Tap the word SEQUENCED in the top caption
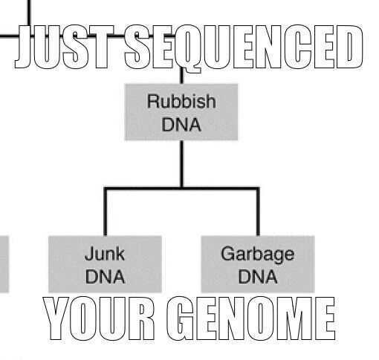tap(244, 48)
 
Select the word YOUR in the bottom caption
tap(99, 318)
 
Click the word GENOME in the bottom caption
tap(251, 318)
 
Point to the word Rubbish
tap(181, 101)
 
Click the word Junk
tap(105, 254)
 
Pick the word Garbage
tap(258, 255)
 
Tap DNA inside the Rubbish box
tap(181, 125)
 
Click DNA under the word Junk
tap(105, 277)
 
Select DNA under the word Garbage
tap(258, 277)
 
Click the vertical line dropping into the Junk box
tap(106, 212)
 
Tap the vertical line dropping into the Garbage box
tap(258, 212)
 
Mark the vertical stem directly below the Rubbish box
tap(182, 164)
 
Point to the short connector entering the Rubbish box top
tap(182, 76)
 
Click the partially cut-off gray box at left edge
tap(4, 264)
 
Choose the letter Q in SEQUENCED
tap(187, 49)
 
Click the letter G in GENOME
tap(180, 318)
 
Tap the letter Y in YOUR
tap(56, 318)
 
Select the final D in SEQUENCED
tap(350, 47)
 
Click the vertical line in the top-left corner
tap(29, 13)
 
